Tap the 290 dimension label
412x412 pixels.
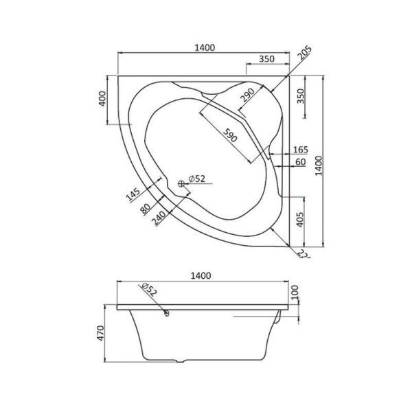click(x=248, y=96)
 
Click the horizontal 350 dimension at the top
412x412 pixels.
click(x=266, y=60)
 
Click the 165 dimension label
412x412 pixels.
click(x=301, y=150)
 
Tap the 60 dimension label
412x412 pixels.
click(x=301, y=161)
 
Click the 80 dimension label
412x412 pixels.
click(x=146, y=207)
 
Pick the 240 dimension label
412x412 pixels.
click(x=158, y=218)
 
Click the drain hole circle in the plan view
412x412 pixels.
click(x=183, y=182)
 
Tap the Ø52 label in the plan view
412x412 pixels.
click(x=198, y=179)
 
